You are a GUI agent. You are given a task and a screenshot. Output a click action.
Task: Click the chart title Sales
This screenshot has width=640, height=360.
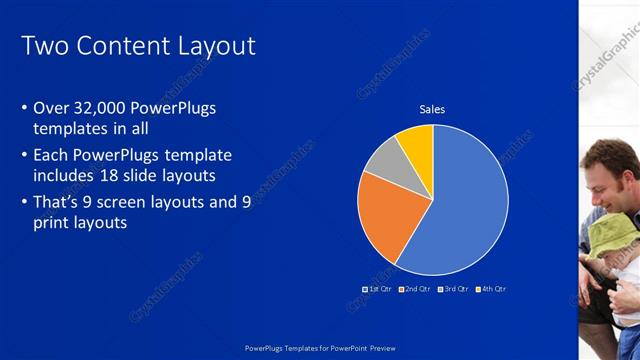[x=432, y=109]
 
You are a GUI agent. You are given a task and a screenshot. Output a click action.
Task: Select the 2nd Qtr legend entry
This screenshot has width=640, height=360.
[x=416, y=289]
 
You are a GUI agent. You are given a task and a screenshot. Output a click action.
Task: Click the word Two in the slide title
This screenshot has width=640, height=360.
[x=42, y=45]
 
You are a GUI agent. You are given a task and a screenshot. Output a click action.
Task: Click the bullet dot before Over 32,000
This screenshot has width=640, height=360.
[x=25, y=109]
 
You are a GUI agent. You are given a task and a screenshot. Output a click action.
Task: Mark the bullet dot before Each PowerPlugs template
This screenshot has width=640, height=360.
[x=25, y=156]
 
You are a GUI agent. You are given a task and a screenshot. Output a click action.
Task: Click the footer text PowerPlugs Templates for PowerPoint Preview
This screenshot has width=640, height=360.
[x=320, y=347]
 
